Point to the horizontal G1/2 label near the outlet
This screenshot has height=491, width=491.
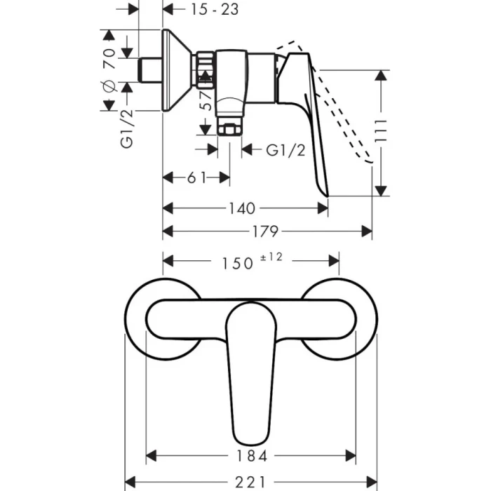pos(285,150)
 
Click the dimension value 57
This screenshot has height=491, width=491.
pos(206,104)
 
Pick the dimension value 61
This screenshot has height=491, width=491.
pos(196,177)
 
